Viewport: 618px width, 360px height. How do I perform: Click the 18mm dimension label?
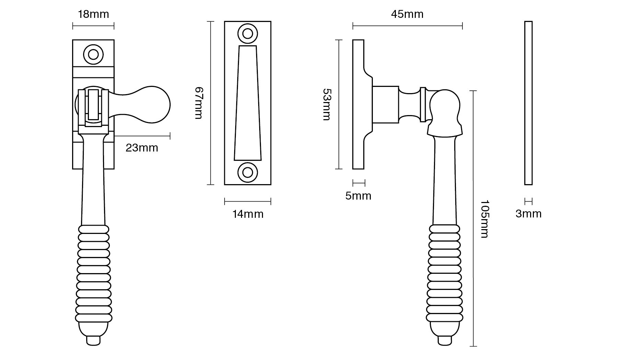[93, 14]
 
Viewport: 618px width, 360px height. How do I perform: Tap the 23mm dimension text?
[141, 148]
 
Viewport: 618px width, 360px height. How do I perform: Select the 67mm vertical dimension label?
[199, 103]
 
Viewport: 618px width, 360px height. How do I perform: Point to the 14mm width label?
[248, 214]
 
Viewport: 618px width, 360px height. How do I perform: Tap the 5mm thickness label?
[358, 196]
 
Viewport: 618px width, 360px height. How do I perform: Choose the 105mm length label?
[484, 219]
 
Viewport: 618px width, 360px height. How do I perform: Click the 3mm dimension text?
[528, 214]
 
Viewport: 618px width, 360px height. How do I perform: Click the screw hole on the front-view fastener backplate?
[93, 54]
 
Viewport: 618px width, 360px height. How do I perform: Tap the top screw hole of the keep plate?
[248, 33]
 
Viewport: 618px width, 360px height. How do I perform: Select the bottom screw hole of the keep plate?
[248, 172]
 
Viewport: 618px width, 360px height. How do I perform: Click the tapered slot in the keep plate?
[248, 103]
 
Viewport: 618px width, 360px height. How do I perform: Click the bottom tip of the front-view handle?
[94, 342]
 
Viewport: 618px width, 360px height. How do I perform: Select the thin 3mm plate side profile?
[528, 103]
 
